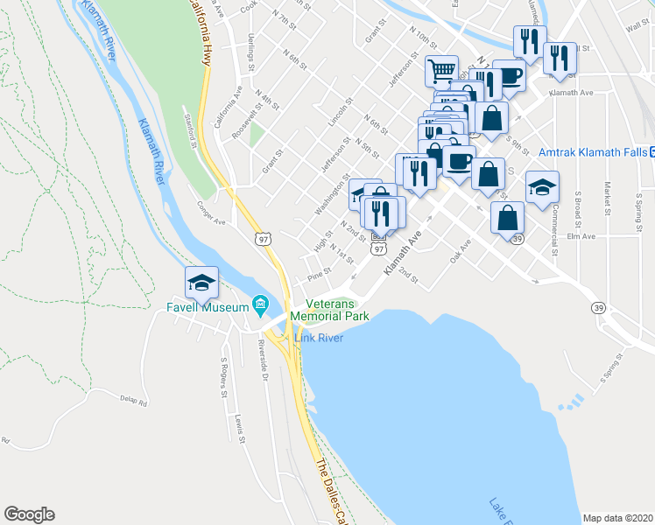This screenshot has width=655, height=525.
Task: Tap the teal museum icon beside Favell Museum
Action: point(260,305)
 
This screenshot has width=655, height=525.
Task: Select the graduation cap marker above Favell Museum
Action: point(201,282)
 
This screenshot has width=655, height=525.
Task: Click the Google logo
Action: point(29,514)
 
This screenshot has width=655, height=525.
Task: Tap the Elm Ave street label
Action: point(581,236)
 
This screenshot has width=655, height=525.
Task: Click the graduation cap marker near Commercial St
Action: point(542,187)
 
